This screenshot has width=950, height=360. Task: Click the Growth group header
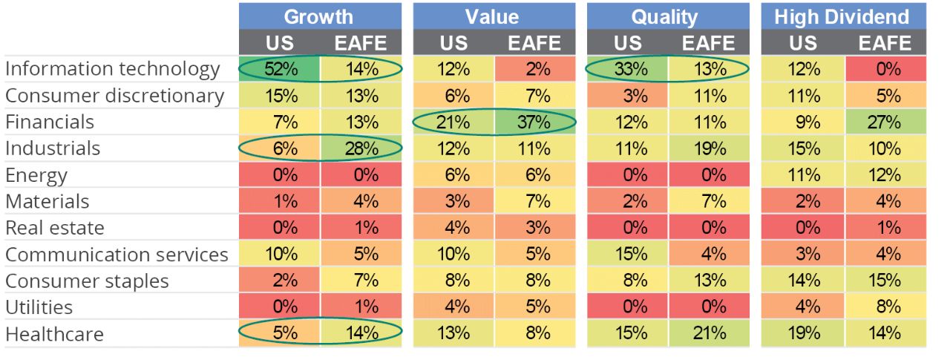319,16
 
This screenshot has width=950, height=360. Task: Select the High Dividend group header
842,16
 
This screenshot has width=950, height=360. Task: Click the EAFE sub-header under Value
534,42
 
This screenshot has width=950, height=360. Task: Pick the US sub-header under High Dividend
802,42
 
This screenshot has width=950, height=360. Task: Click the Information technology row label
113,69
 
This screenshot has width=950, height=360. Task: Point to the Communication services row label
117,255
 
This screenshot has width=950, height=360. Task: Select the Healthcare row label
54,334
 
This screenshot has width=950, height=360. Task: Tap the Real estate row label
55,228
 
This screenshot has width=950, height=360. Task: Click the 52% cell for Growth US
280,69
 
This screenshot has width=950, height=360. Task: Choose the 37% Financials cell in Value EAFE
534,122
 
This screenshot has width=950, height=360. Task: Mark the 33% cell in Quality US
627,69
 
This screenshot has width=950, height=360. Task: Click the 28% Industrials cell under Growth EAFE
361,148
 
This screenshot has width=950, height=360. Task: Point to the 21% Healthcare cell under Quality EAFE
709,333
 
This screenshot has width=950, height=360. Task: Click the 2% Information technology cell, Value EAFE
534,69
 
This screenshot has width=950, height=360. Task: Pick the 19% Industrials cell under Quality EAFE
709,148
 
